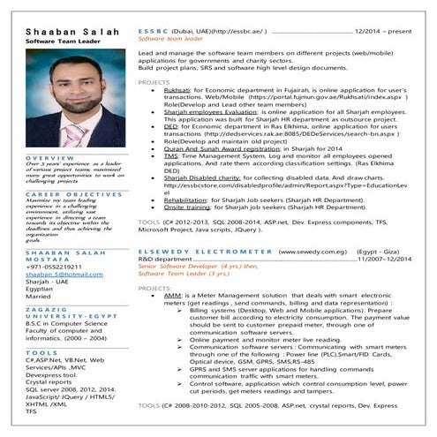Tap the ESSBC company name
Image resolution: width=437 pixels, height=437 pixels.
[155, 31]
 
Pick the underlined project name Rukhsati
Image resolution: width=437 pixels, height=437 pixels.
[177, 90]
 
